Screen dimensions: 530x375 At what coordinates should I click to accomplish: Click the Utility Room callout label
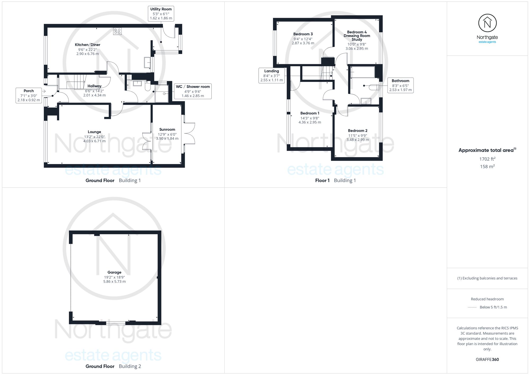pos(161,14)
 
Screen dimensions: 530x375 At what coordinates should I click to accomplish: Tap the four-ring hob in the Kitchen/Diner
pos(117,31)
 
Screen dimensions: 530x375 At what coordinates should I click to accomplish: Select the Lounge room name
pos(94,132)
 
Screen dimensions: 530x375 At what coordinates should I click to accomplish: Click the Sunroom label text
pos(167,129)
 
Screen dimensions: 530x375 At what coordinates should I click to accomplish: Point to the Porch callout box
pos(29,95)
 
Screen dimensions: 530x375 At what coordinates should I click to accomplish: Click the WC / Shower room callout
pos(193,91)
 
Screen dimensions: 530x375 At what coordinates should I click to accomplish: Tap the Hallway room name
pos(94,86)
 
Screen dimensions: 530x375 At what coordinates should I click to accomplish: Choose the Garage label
pos(114,272)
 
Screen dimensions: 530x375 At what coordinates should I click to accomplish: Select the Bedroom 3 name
pos(303,34)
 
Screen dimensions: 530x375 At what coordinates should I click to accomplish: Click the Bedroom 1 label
pos(310,113)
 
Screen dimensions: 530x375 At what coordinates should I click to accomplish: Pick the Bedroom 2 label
pos(358,130)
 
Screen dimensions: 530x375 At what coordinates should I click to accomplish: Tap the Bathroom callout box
pos(400,85)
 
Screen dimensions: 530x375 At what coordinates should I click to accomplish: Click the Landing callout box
pos(272,76)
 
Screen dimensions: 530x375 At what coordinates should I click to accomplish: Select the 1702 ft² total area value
pos(487,159)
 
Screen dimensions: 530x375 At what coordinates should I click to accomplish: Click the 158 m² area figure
pos(487,166)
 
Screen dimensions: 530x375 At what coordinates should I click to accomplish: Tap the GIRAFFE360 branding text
pos(487,359)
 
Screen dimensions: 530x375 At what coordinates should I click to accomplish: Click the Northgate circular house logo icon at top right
pos(487,23)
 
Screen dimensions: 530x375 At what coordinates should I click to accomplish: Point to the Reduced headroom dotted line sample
pos(472,307)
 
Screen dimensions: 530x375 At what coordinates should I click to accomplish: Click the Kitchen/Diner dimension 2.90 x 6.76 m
pos(87,54)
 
